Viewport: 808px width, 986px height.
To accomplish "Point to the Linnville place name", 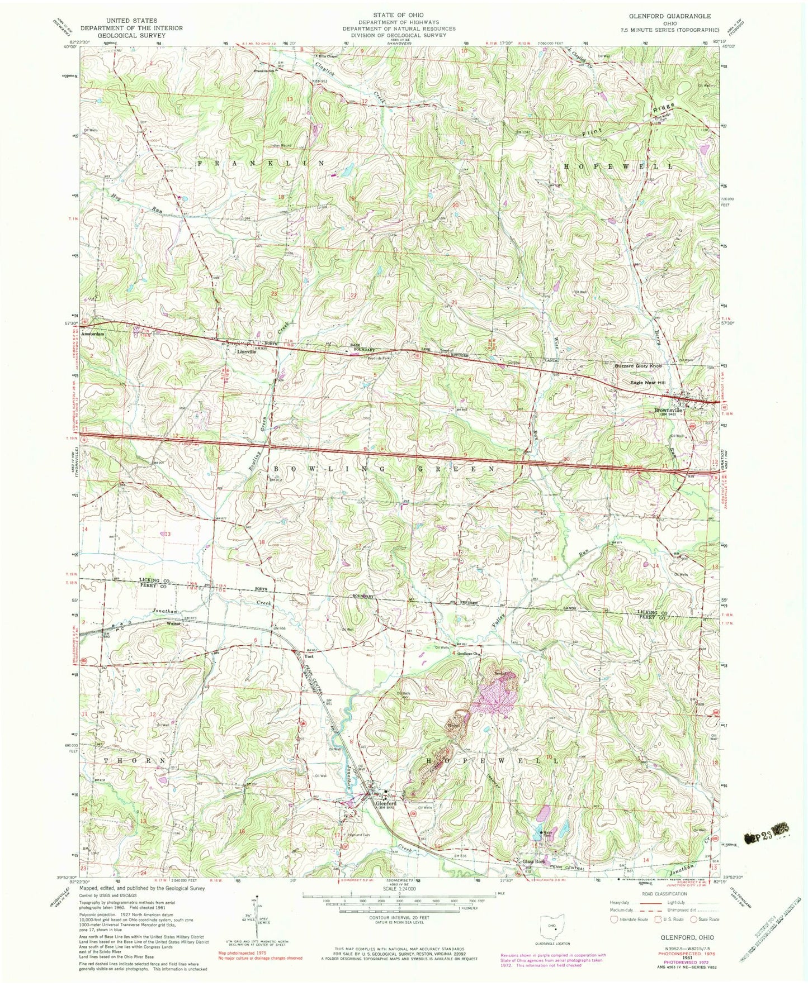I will click(x=245, y=353).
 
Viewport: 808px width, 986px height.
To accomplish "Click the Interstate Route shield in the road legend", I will click(x=614, y=918).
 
